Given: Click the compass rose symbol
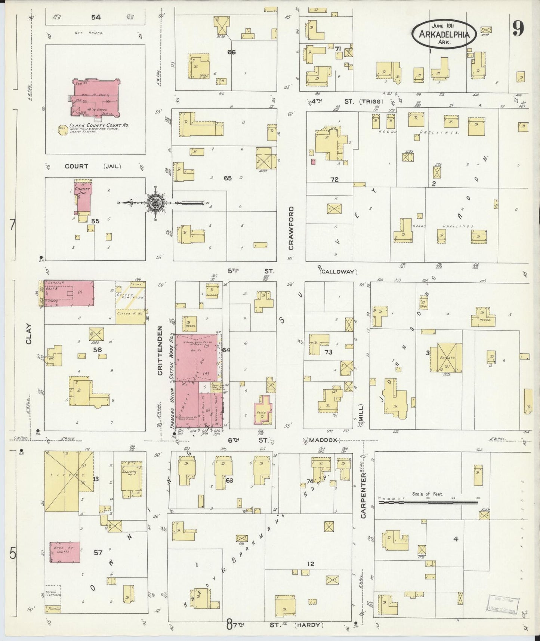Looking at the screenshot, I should (x=154, y=203).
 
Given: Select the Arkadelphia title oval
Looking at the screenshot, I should (x=444, y=34).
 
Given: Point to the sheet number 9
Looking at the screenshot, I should (x=518, y=28).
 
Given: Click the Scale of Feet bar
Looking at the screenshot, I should (x=428, y=503).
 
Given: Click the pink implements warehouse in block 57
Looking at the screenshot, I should (x=65, y=552).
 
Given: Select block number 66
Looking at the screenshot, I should (x=231, y=52).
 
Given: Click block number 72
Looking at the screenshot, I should (x=334, y=180).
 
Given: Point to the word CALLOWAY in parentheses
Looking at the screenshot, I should (x=338, y=272).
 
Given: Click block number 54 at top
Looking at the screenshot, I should (x=96, y=17).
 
